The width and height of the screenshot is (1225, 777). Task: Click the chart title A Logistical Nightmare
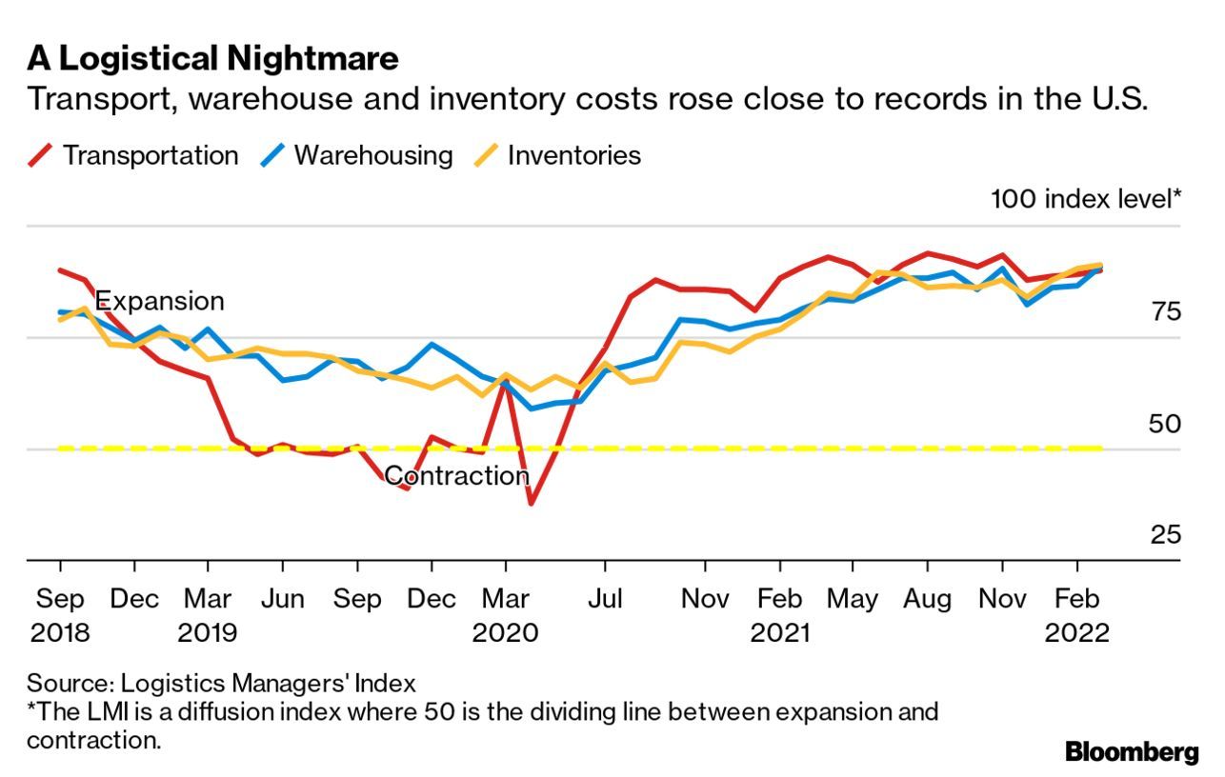tap(212, 59)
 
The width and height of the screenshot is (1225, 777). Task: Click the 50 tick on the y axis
tap(1165, 424)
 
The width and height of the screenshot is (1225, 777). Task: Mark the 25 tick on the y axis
tap(1165, 535)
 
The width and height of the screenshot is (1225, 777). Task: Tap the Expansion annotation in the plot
tap(160, 301)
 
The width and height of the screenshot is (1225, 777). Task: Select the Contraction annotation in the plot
tap(456, 476)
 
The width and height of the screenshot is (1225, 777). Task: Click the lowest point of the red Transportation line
tap(530, 503)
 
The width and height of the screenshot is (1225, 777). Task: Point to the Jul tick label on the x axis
tap(604, 599)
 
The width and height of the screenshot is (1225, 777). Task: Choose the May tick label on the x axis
tap(852, 599)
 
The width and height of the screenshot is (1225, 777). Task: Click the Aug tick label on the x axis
tap(927, 599)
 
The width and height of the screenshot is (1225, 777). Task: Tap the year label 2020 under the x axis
tap(505, 633)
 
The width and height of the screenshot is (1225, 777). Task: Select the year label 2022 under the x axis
tap(1076, 633)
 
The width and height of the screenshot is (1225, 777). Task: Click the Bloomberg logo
tap(1132, 752)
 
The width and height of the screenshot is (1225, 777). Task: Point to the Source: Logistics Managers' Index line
tap(221, 683)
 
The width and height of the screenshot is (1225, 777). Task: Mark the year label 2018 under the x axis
tap(59, 633)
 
